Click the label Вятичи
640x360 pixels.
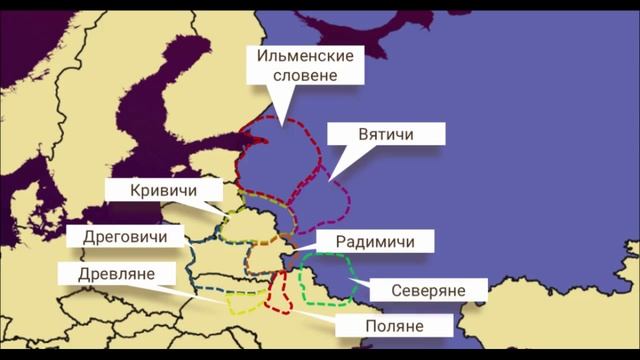(x=386, y=134)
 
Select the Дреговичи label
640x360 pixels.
(x=125, y=237)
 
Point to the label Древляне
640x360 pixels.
(x=106, y=274)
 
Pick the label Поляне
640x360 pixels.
(x=394, y=326)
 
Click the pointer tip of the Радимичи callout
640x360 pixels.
(x=297, y=246)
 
